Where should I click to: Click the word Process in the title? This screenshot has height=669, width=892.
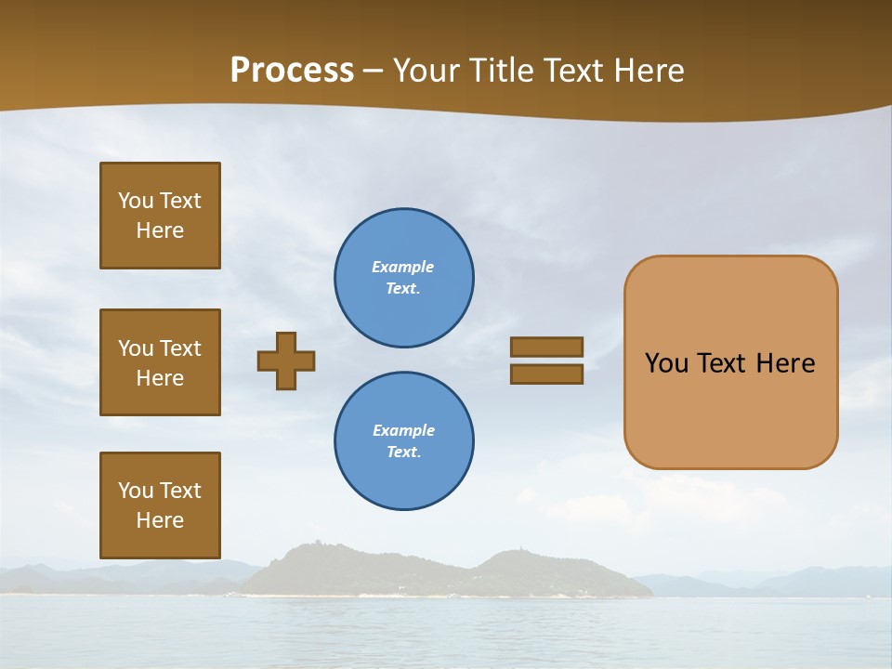tap(292, 71)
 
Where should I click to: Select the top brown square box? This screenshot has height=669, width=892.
tap(160, 216)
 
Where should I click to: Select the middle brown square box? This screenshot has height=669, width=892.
tap(160, 362)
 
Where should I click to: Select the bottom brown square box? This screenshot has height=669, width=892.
tap(160, 505)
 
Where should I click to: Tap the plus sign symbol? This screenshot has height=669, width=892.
tap(286, 361)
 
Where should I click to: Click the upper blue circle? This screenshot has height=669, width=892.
tap(404, 278)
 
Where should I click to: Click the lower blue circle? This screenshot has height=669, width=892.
tap(404, 441)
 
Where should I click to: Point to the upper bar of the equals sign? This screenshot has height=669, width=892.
tap(547, 347)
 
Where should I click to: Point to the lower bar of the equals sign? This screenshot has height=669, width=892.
tap(547, 374)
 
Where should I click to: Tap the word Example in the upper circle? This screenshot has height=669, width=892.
tap(402, 267)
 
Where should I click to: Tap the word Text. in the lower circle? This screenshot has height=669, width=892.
tap(403, 453)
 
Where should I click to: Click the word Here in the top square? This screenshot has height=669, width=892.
tap(160, 230)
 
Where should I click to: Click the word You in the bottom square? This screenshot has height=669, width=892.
tap(136, 491)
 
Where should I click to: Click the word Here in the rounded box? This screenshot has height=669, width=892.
tap(785, 363)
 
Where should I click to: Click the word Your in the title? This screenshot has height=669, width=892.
tap(426, 71)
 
